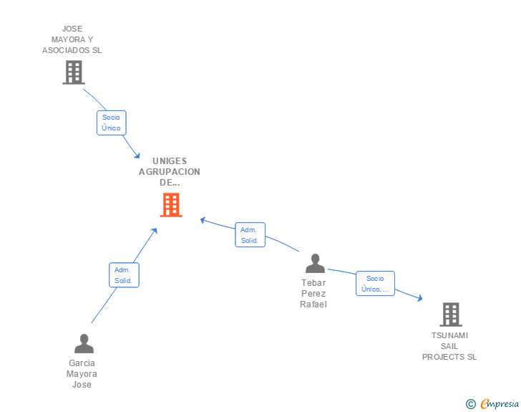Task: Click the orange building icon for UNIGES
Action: click(170, 205)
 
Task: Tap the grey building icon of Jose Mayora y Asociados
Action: click(73, 72)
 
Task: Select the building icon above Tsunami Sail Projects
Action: click(450, 314)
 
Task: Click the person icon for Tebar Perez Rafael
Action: click(315, 264)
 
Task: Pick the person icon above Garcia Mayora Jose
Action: click(84, 344)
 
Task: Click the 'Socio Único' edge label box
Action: click(111, 123)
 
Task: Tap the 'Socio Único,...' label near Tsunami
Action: click(375, 284)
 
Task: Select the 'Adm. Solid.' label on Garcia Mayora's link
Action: click(123, 275)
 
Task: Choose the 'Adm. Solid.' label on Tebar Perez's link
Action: click(250, 235)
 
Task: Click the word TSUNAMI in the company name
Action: click(449, 335)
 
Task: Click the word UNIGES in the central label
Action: click(170, 161)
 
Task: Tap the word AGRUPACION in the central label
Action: click(170, 172)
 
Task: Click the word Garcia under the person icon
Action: click(82, 363)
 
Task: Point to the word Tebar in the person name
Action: click(313, 282)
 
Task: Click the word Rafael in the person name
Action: click(313, 304)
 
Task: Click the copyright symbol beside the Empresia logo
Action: click(470, 404)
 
